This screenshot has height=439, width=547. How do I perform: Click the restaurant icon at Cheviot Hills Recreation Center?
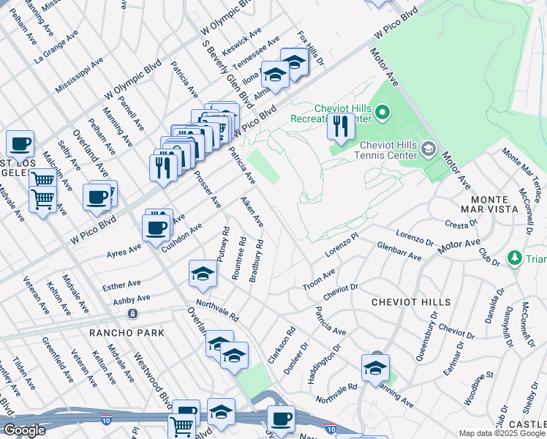340,127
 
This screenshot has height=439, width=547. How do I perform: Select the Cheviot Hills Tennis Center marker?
429,149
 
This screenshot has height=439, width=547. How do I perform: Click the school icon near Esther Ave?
203,274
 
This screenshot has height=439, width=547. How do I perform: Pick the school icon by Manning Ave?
374,367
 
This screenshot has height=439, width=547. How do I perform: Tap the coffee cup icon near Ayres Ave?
157,226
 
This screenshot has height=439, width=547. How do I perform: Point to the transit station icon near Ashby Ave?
132,314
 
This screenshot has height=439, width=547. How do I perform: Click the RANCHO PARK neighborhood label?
127,333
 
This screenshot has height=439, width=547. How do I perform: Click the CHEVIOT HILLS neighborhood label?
410,301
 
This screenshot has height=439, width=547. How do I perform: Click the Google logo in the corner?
24,430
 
